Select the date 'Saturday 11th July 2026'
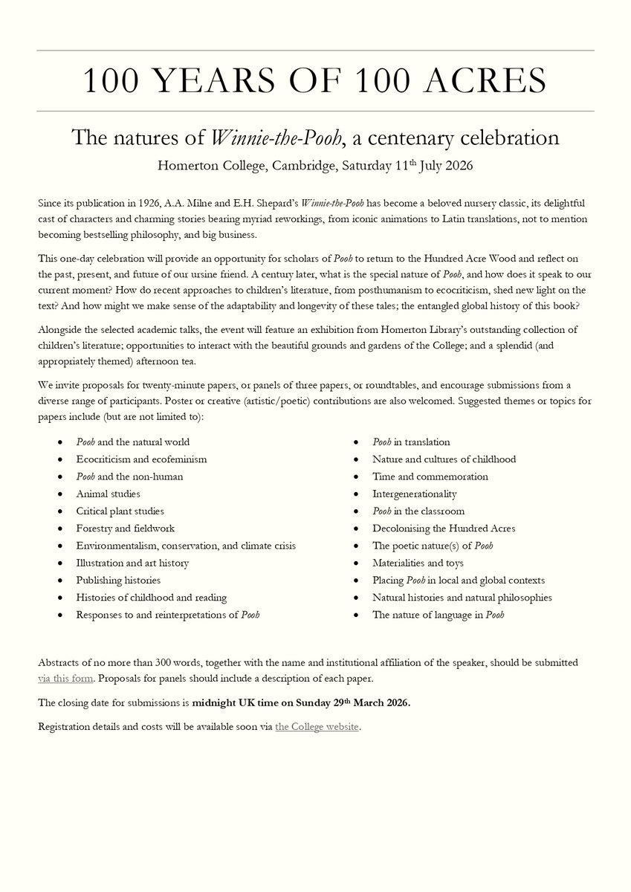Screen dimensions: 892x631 click(407, 165)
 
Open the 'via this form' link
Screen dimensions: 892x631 click(65, 679)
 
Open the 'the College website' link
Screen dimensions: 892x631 click(317, 726)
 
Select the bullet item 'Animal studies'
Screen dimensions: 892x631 click(108, 494)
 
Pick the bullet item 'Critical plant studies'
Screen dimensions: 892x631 click(120, 511)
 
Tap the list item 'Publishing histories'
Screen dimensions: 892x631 click(118, 580)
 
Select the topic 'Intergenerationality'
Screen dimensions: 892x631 click(415, 494)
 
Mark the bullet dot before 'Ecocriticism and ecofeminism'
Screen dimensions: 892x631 click(59, 459)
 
